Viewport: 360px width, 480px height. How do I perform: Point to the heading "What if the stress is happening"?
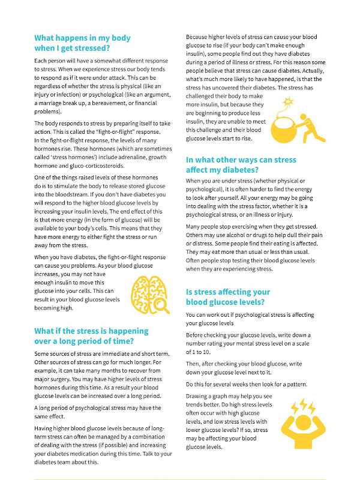point(92,331)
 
